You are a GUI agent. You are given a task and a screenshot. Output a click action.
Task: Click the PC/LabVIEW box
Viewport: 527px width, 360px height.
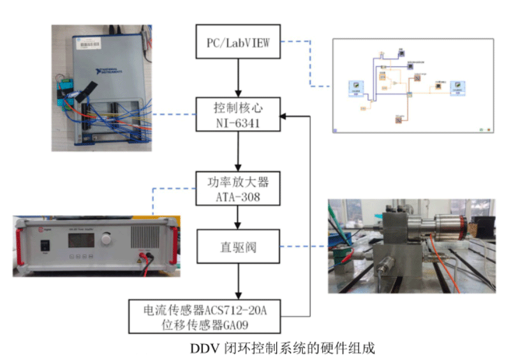coord(238,42)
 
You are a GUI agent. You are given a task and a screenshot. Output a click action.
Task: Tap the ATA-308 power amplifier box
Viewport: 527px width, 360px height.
coord(238,190)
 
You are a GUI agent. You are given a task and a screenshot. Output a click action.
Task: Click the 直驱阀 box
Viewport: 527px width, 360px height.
coord(238,246)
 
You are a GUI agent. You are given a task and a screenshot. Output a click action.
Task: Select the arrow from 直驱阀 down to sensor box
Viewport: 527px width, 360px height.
coord(238,281)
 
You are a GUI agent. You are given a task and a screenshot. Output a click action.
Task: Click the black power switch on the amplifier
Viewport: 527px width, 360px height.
coord(43,245)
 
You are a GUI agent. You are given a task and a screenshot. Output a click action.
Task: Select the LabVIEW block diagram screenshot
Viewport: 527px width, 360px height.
coord(413,86)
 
